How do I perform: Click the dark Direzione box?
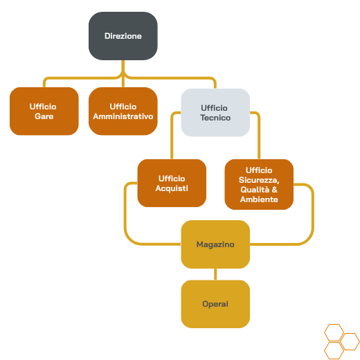point(123,36)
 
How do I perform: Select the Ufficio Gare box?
point(44,111)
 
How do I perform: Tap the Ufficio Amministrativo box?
point(123,111)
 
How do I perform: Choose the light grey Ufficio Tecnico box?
point(215,113)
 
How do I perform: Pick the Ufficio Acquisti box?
point(172,183)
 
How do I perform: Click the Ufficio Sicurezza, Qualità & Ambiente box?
point(259,184)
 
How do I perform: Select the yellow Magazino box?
point(215,244)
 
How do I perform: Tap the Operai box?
point(215,304)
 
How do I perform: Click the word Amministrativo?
point(123,116)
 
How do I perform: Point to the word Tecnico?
point(215,118)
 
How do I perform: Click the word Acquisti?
point(172,188)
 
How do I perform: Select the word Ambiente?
point(259,199)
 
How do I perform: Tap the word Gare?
point(44,116)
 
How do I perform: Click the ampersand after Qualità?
point(275,190)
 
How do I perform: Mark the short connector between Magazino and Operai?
point(215,274)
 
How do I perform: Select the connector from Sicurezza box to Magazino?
point(313,219)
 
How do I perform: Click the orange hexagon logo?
point(341,342)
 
